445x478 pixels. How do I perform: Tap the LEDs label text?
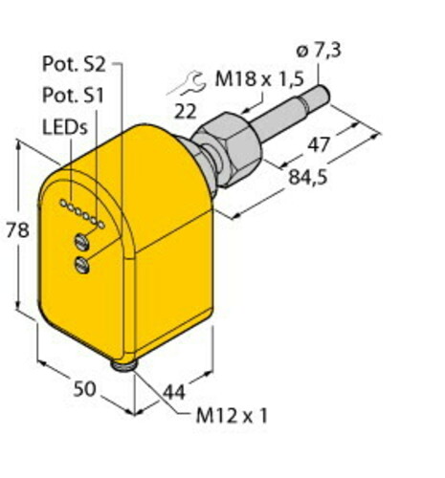pyautogui.click(x=63, y=126)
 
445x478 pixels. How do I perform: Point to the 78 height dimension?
pyautogui.click(x=12, y=230)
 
